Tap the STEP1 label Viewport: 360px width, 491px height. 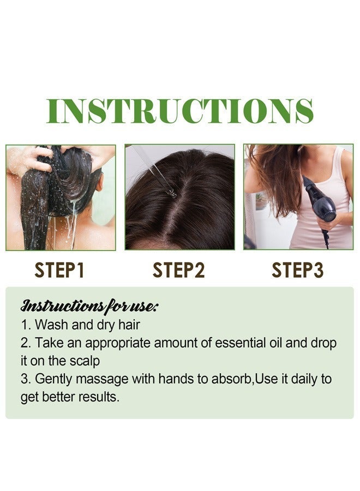tap(59, 271)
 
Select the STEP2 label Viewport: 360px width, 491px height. tap(179, 271)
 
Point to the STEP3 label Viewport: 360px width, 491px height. tap(298, 271)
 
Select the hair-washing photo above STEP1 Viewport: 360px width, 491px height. tap(61, 197)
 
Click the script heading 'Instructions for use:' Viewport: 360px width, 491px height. tap(89, 306)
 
